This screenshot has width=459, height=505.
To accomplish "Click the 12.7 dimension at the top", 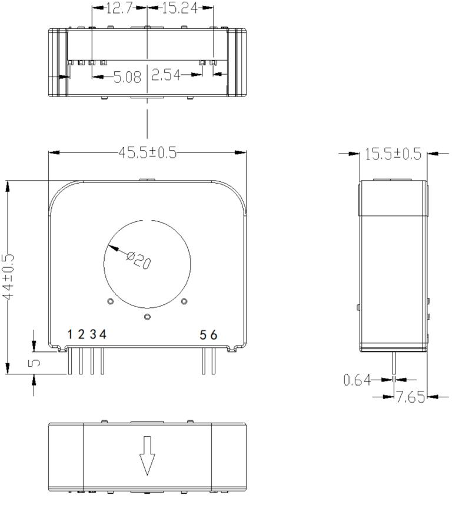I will [x=120, y=8].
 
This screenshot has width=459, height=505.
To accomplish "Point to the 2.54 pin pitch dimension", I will [x=165, y=75].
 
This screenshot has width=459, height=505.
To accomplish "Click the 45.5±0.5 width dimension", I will [x=148, y=153].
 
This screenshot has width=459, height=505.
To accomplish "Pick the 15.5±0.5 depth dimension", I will [x=393, y=154].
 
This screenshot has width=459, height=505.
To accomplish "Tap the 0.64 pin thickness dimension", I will [x=357, y=380].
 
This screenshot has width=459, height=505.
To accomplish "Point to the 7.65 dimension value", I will [x=410, y=398].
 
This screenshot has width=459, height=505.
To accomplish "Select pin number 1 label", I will [x=70, y=335].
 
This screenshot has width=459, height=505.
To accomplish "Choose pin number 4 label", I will [x=103, y=335].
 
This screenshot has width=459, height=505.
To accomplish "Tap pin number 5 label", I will [x=203, y=335].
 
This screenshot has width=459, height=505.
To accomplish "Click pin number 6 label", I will [x=214, y=335].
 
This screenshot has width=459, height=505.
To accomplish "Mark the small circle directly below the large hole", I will [x=147, y=317].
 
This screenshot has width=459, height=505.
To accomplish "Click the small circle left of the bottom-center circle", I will [x=110, y=301].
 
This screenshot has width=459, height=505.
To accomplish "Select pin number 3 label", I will [x=92, y=335].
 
